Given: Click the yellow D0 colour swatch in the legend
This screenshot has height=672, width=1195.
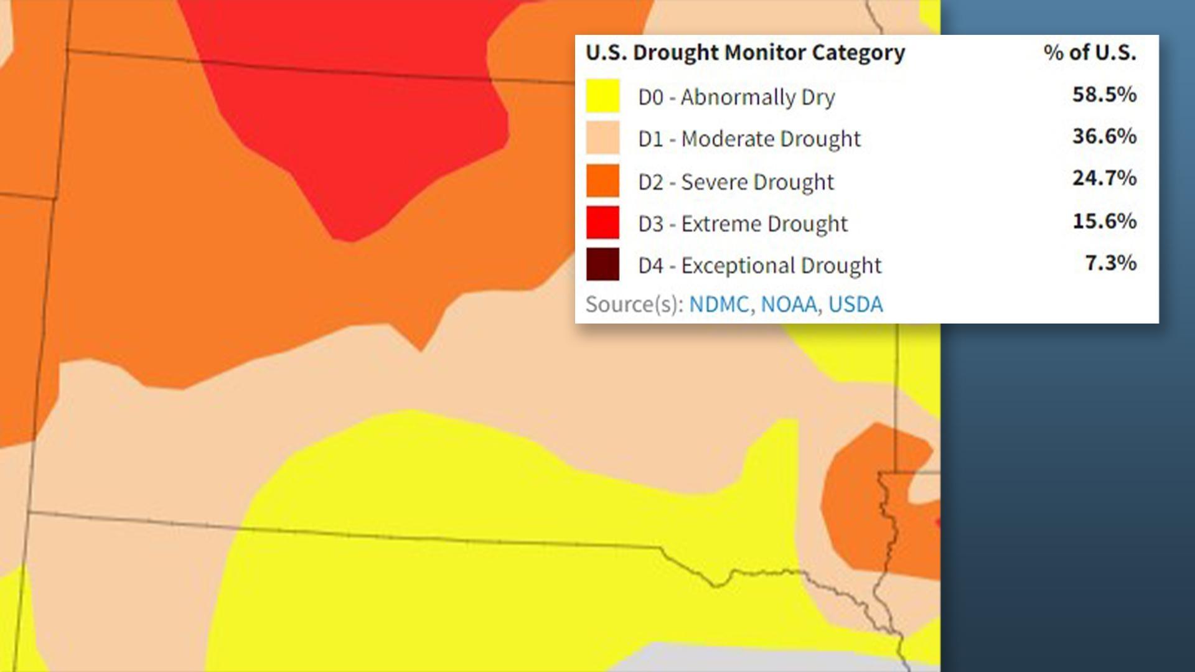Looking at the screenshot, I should click(x=602, y=96).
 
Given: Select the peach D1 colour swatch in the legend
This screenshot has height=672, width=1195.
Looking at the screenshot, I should click(x=602, y=138).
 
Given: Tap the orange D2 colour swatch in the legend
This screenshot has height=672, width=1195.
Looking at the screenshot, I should click(x=602, y=180).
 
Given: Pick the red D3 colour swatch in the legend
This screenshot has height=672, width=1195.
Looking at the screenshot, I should click(x=602, y=223).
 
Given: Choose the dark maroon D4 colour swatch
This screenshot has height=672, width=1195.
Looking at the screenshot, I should click(x=602, y=264).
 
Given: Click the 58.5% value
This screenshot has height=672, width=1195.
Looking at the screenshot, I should click(x=1104, y=95).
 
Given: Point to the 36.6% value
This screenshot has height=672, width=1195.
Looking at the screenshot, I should click(x=1104, y=136).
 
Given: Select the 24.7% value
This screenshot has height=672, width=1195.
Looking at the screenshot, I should click(x=1104, y=179).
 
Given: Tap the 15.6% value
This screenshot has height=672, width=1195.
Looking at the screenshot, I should click(x=1104, y=221).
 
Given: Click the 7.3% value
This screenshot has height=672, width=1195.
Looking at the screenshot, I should click(x=1110, y=263).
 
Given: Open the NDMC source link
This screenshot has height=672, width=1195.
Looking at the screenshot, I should click(x=719, y=304).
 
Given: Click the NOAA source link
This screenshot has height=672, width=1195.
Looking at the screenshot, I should click(x=789, y=304).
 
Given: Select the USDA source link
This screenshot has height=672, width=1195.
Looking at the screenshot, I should click(x=855, y=304).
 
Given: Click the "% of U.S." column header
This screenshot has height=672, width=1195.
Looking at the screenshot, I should click(x=1090, y=53).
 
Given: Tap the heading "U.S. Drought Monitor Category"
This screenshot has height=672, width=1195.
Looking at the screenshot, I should click(x=745, y=53).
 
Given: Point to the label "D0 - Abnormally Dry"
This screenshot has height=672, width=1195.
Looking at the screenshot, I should click(x=736, y=97).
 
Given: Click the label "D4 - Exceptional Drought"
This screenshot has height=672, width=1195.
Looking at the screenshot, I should click(x=759, y=266).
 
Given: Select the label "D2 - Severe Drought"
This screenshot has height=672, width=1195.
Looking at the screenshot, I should click(x=736, y=182).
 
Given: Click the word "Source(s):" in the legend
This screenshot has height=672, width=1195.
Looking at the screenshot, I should click(x=634, y=304).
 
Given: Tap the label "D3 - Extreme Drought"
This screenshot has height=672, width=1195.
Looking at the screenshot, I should click(x=743, y=224).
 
